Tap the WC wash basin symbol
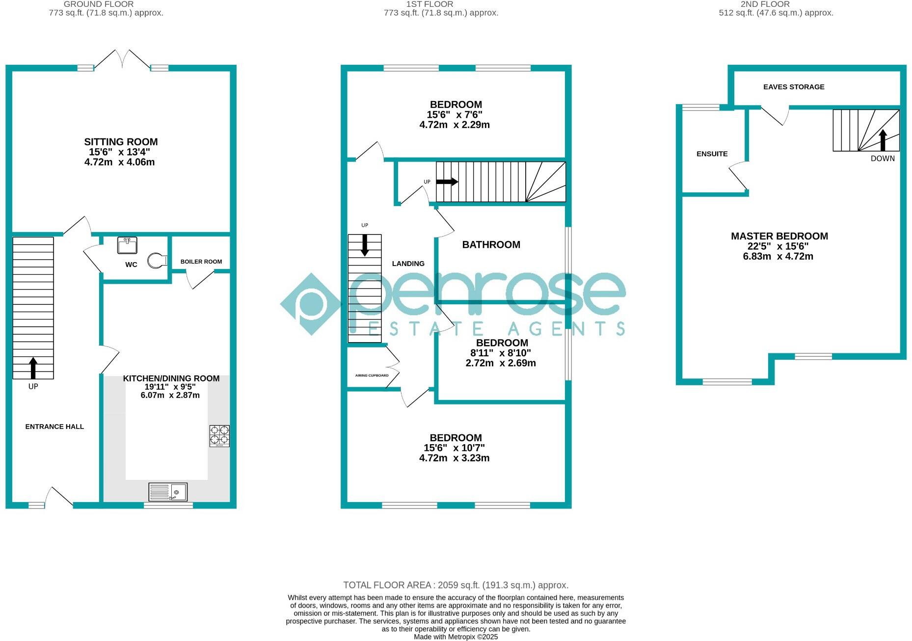point(127,245)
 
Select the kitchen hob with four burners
point(219,435)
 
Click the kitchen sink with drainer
point(168,492)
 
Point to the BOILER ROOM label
point(201,262)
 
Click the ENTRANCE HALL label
point(54,427)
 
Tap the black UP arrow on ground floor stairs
point(33,368)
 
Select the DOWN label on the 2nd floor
point(883,159)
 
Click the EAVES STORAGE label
point(794,87)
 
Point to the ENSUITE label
point(712,154)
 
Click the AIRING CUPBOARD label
point(372,375)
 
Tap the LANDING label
point(408,264)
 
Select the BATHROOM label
point(491,244)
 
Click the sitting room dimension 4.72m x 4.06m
point(119,162)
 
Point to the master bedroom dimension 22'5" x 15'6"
point(779,246)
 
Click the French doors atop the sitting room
point(122,59)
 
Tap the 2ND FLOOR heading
point(765,4)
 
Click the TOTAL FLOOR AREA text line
point(456,585)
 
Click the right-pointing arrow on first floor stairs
point(447,182)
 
